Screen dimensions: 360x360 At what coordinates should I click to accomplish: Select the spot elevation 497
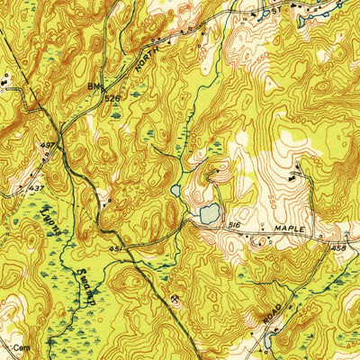pos(47,144)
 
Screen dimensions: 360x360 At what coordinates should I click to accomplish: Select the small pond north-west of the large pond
pos(176,191)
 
